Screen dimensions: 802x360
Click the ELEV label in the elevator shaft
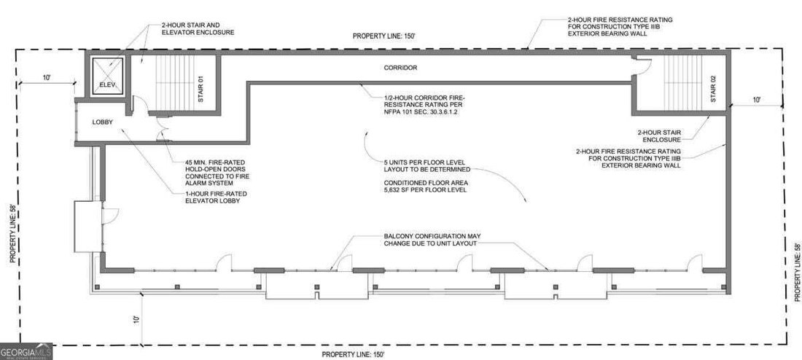click(x=108, y=85)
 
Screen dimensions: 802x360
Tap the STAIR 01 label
click(x=201, y=89)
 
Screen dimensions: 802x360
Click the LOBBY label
click(x=102, y=122)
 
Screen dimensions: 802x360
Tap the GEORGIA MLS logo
click(x=26, y=351)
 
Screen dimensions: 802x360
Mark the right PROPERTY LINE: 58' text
click(x=797, y=272)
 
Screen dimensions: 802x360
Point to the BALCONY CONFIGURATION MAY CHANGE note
click(x=432, y=240)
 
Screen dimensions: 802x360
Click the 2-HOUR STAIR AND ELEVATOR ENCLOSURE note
click(x=198, y=28)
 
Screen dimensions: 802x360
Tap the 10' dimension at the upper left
click(x=47, y=77)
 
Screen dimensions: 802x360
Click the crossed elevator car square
click(x=108, y=77)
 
